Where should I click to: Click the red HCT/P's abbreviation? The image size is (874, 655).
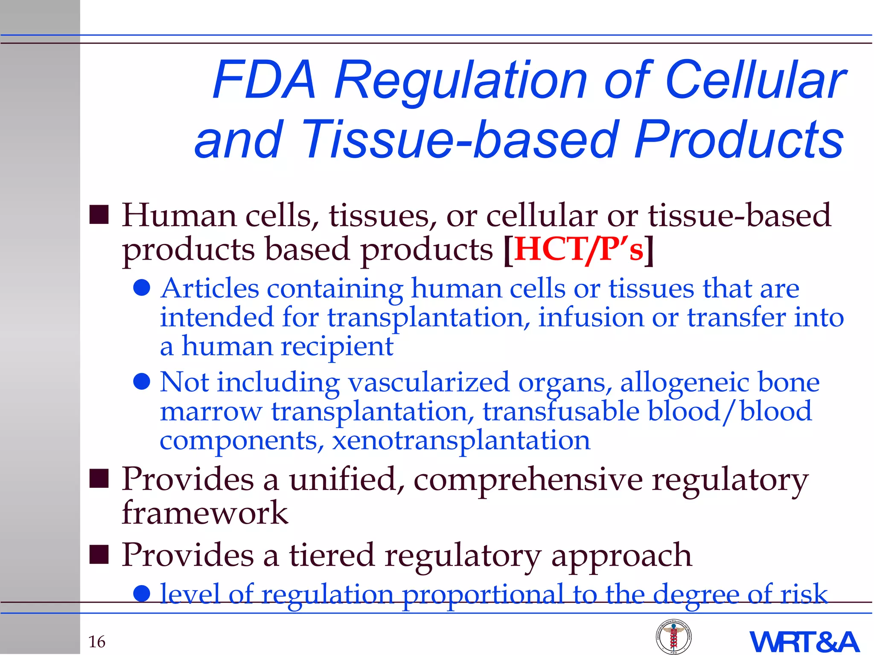(579, 249)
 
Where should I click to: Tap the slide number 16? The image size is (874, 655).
(97, 641)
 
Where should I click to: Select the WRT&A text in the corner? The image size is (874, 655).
(804, 642)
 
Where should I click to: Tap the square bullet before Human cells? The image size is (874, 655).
(99, 215)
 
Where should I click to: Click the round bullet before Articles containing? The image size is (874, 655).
(141, 288)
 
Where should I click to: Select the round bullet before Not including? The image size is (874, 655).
(141, 382)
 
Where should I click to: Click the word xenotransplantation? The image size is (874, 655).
(461, 440)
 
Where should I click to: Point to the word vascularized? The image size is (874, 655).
(429, 382)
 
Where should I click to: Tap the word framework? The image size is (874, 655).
(205, 513)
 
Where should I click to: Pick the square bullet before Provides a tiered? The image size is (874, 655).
(99, 555)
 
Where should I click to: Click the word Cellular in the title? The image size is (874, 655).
(755, 80)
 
